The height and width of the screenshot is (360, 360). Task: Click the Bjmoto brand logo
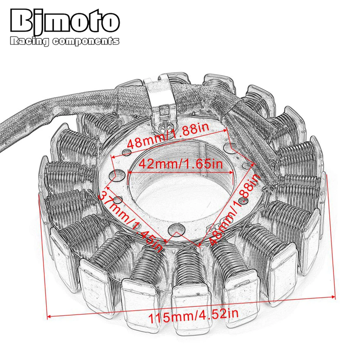point(65,22)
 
